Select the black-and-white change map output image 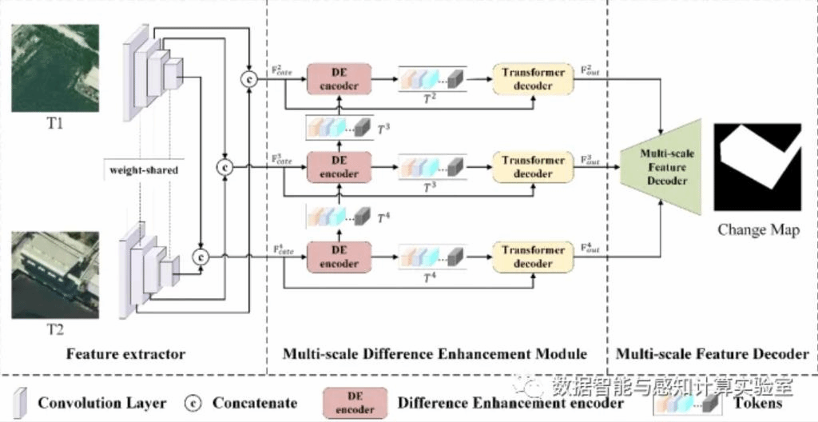pyautogui.click(x=756, y=166)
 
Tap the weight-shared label pyautogui.click(x=144, y=170)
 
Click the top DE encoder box pyautogui.click(x=340, y=79)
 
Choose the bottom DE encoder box pyautogui.click(x=340, y=257)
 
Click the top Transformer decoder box pyautogui.click(x=533, y=79)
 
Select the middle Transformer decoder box pyautogui.click(x=533, y=167)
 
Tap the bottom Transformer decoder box pyautogui.click(x=533, y=257)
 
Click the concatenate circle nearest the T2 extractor pyautogui.click(x=201, y=257)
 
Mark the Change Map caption pyautogui.click(x=758, y=230)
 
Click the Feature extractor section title pyautogui.click(x=125, y=354)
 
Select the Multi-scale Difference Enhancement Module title pyautogui.click(x=435, y=354)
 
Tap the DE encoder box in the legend pyautogui.click(x=354, y=403)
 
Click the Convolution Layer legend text pyautogui.click(x=102, y=404)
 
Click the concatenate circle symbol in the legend pyautogui.click(x=192, y=404)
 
